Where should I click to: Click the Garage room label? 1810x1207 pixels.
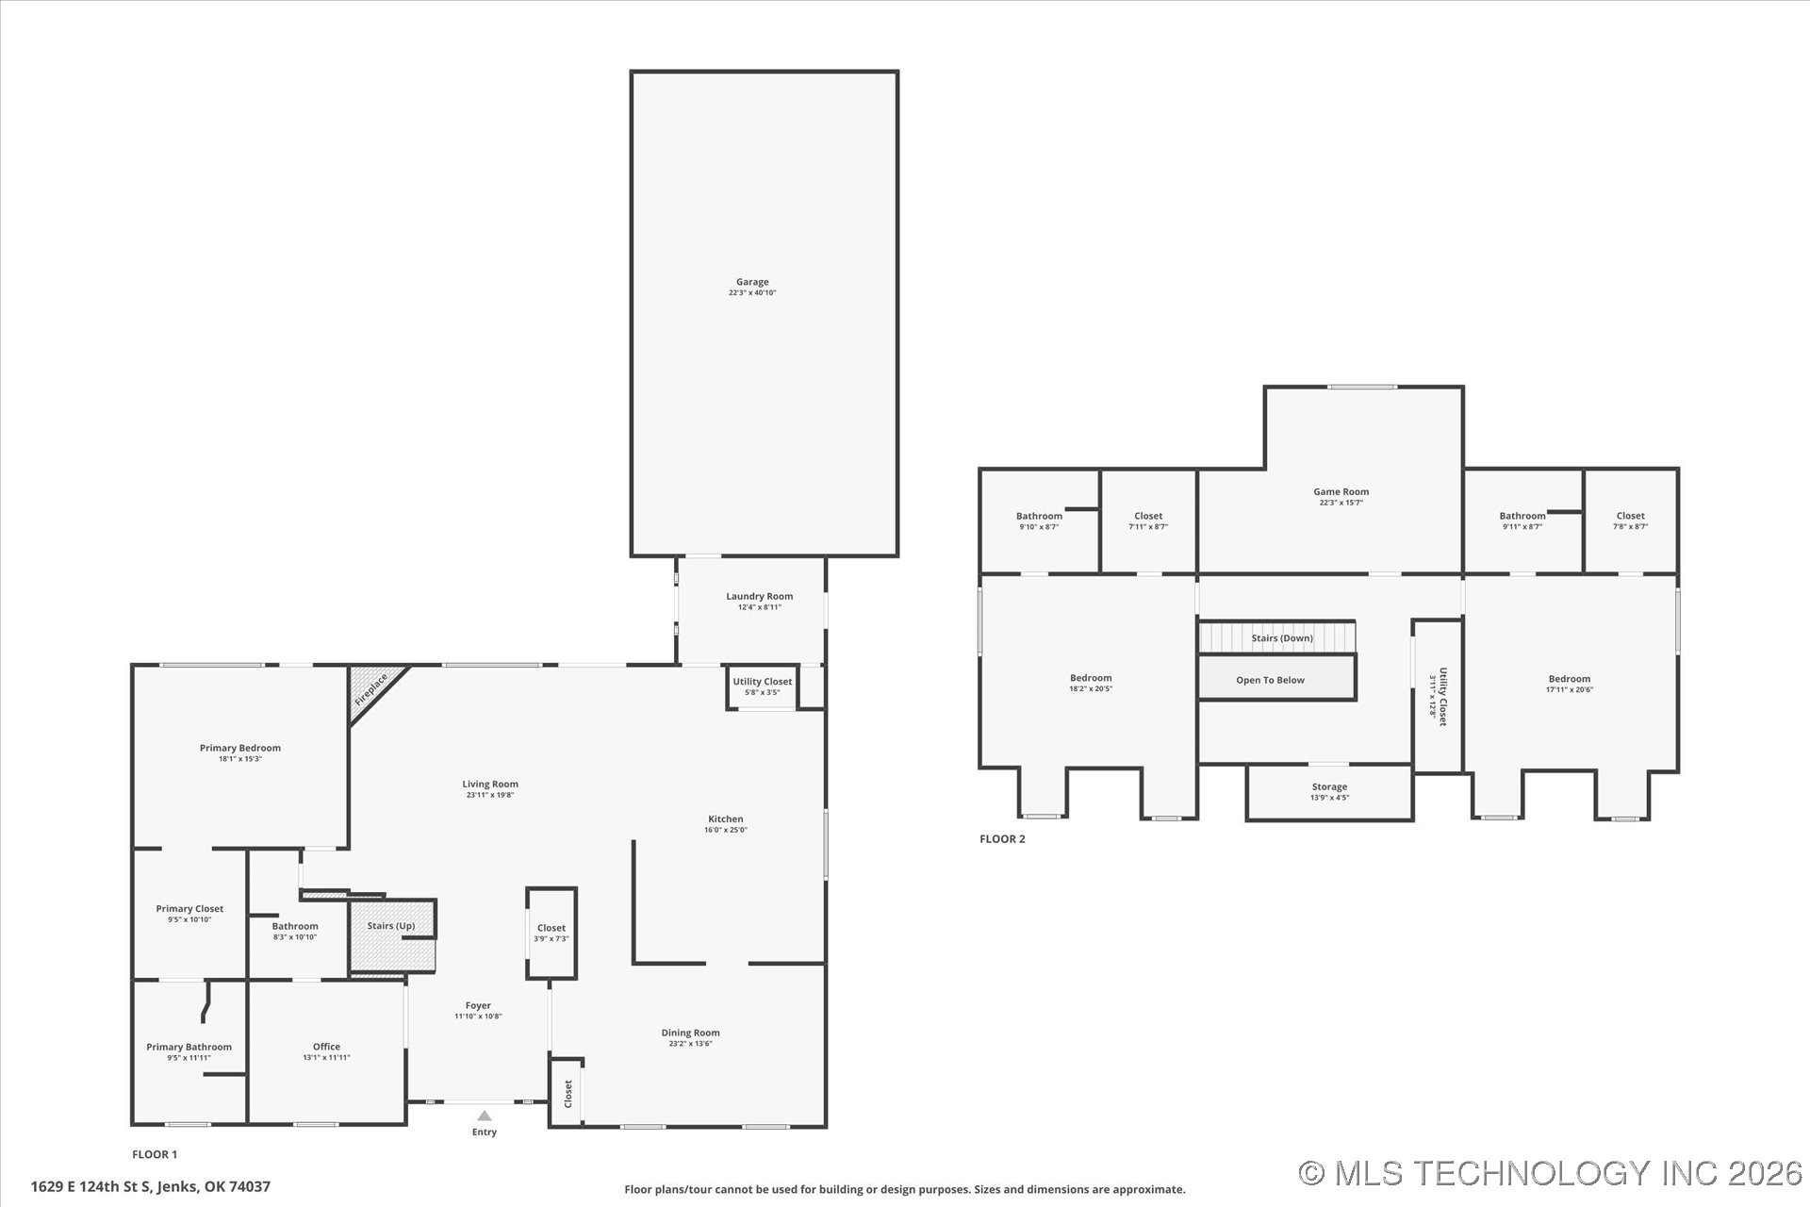752,282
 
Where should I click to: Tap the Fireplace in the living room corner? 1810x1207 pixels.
372,689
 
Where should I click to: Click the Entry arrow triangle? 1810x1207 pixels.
485,1116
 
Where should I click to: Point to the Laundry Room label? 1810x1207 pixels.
759,596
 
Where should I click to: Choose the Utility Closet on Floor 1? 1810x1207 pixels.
763,686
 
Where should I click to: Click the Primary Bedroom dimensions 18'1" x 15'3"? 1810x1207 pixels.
240,759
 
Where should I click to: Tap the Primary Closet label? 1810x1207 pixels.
189,909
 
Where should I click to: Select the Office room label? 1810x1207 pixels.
326,1047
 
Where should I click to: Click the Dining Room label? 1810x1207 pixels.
690,1033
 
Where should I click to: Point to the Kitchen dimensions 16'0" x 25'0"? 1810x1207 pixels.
726,831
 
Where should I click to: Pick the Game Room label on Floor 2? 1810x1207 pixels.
1341,491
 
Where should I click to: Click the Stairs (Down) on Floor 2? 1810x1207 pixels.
1276,637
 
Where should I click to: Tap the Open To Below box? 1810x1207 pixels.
1276,678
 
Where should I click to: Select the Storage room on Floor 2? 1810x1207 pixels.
1329,792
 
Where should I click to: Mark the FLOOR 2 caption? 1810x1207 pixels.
1002,839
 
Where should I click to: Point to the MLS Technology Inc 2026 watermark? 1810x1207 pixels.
1551,1173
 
